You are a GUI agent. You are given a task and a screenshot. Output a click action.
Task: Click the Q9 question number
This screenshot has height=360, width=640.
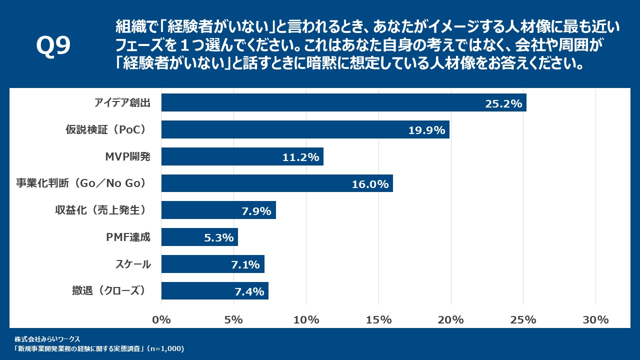tap(53, 46)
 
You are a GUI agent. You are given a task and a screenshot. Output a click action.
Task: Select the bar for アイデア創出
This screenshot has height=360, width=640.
tap(343, 102)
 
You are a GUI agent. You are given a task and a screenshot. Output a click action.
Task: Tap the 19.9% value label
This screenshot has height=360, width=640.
tap(426, 130)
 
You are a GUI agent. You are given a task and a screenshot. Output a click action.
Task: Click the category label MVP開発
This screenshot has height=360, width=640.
tap(127, 156)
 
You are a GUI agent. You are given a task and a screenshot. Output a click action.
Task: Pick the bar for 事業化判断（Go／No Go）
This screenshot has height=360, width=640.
tap(277, 183)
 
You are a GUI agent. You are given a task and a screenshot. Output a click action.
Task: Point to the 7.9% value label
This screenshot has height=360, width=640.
tap(256, 211)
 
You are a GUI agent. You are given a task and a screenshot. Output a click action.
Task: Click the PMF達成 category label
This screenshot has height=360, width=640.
tap(128, 237)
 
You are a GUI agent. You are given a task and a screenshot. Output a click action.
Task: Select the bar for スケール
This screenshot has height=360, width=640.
tap(212, 264)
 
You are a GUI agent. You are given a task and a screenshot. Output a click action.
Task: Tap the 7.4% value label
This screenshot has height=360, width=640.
tap(249, 291)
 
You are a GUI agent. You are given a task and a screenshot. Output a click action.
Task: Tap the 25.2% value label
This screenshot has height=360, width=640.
tap(503, 103)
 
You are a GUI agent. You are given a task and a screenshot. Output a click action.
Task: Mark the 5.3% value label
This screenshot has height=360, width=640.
tap(219, 238)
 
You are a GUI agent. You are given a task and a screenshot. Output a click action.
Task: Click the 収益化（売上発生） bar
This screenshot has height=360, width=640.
tap(218, 210)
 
